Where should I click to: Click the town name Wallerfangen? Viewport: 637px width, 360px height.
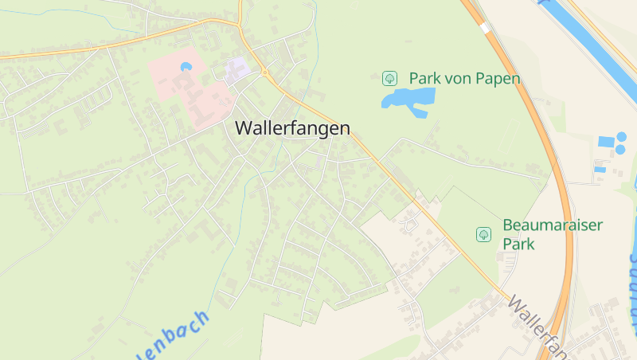(292, 128)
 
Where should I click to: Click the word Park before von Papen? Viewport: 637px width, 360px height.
(425, 78)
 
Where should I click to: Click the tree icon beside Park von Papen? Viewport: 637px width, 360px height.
(389, 78)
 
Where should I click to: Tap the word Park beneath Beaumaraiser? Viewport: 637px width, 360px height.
(518, 244)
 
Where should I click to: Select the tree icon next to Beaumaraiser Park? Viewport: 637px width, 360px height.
(483, 234)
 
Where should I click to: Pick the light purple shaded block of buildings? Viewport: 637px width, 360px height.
(237, 68)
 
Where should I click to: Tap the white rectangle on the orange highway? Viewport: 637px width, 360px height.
(484, 29)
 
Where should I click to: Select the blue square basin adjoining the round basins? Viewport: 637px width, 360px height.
(607, 141)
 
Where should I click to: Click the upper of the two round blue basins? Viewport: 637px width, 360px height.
(620, 138)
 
